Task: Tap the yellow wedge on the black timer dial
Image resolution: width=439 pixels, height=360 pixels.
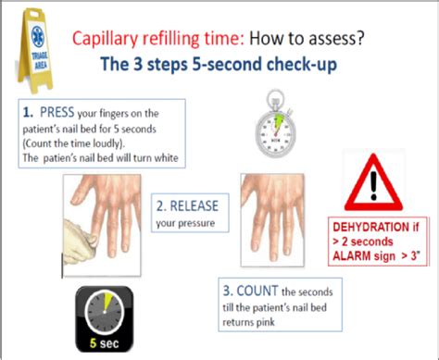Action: pyautogui.click(x=110, y=301)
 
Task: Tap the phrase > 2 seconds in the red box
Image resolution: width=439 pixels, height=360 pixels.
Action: pyautogui.click(x=368, y=238)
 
